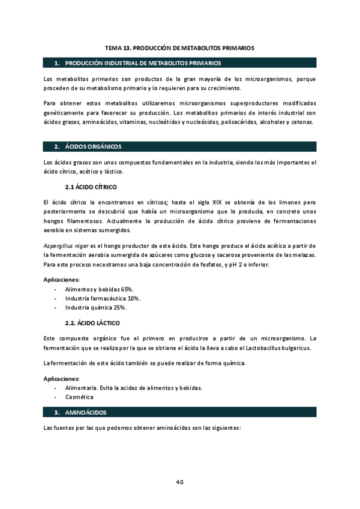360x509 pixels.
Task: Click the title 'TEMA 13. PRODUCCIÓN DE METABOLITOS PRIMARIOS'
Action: [x=179, y=46]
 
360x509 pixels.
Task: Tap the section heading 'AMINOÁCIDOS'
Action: [x=85, y=412]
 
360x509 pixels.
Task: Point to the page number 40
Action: [x=180, y=481]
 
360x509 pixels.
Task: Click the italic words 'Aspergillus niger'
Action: [x=66, y=247]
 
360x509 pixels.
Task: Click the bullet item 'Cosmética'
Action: [x=79, y=397]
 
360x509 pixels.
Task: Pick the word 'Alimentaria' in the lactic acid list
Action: [x=80, y=388]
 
